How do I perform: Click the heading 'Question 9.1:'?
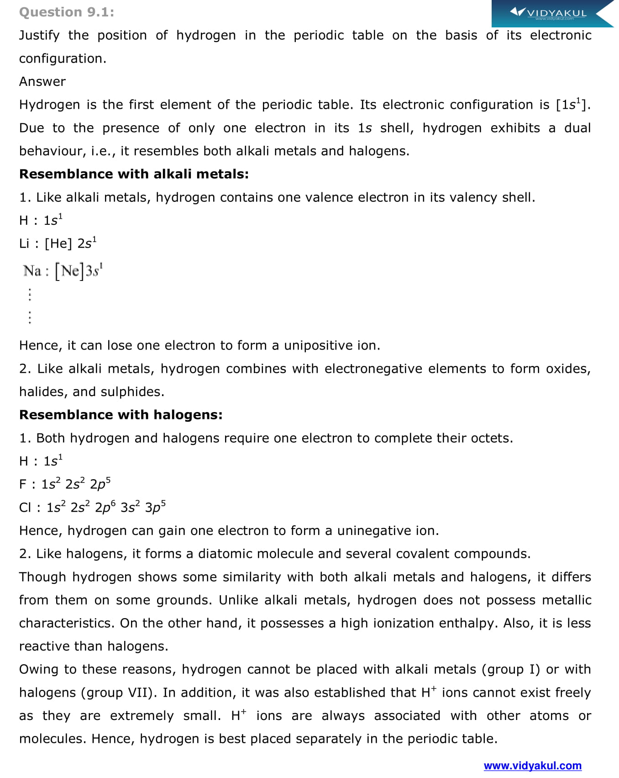click(x=67, y=12)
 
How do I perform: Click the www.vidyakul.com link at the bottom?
click(x=532, y=766)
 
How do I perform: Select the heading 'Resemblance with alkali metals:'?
click(x=134, y=174)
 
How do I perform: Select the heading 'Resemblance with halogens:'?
click(x=121, y=415)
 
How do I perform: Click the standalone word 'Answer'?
click(x=42, y=81)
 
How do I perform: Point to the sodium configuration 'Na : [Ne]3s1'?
click(x=63, y=271)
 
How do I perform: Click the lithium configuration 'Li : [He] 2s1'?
click(x=58, y=243)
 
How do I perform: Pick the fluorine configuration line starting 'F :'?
click(x=64, y=484)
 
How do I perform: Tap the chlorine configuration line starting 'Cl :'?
click(x=92, y=507)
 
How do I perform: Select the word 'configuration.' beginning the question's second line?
click(x=63, y=58)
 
